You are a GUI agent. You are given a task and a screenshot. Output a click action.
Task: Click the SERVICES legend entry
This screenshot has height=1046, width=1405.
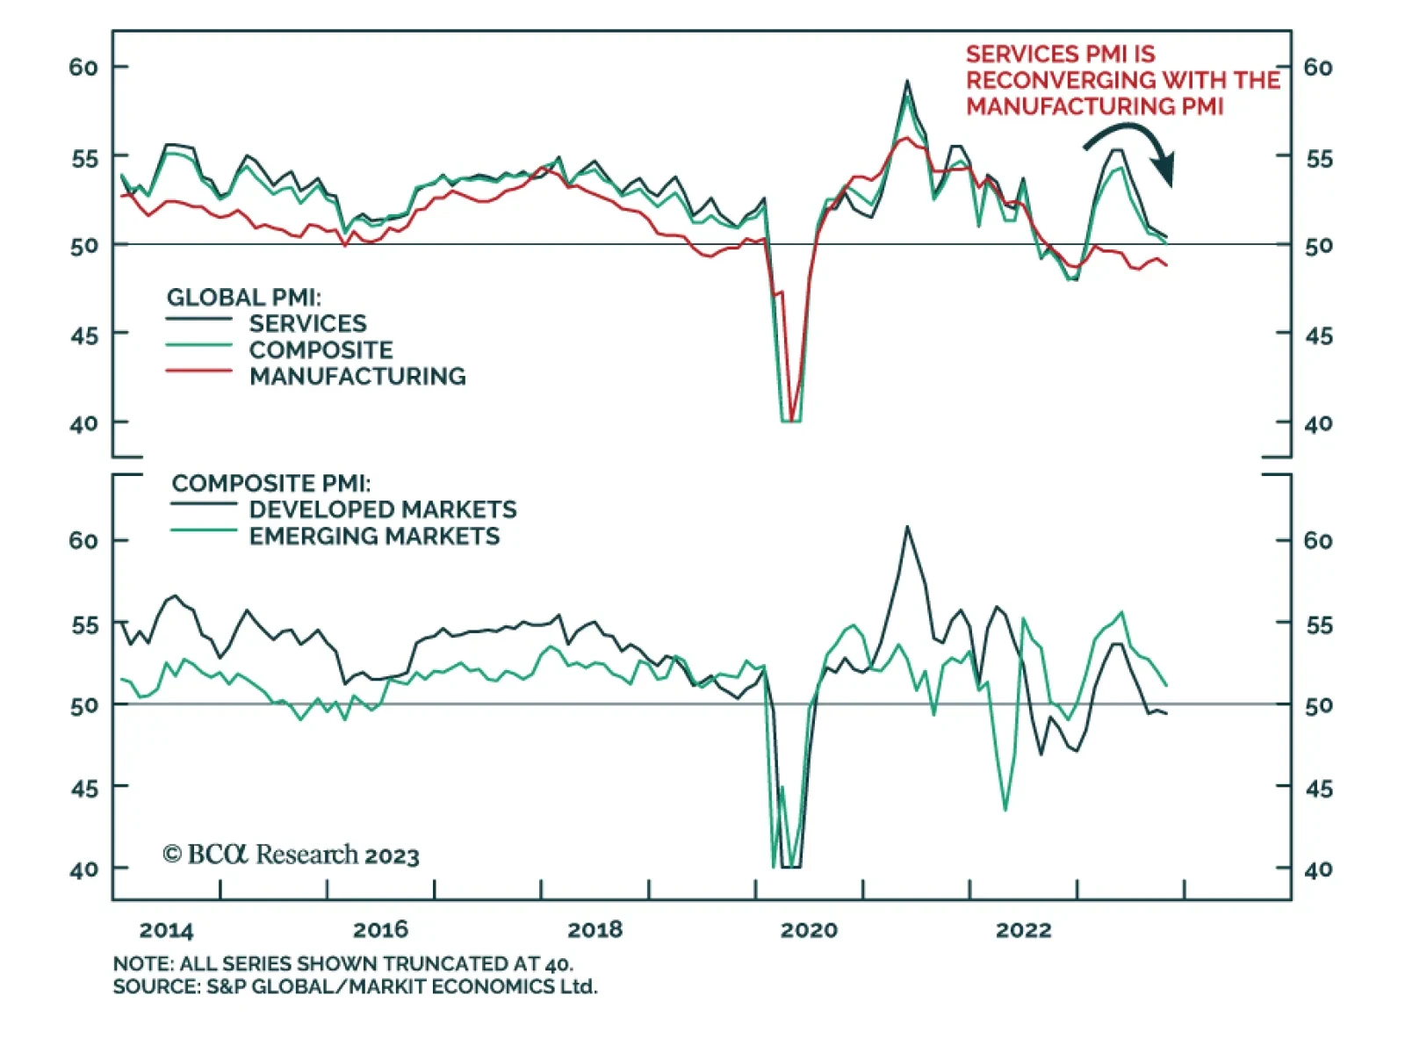click(307, 323)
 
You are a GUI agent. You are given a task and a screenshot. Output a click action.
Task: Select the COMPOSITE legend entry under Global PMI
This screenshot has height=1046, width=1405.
click(321, 350)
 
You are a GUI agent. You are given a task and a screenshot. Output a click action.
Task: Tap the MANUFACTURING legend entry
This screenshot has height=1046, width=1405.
click(357, 376)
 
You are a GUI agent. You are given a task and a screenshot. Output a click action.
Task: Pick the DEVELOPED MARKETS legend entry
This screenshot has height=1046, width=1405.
click(383, 509)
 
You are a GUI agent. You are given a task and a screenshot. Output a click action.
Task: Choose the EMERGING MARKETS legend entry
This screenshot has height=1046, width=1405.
click(374, 536)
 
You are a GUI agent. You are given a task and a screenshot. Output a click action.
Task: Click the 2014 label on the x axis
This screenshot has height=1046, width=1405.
click(166, 929)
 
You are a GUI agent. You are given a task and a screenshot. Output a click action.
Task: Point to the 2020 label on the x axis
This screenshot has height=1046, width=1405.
click(809, 929)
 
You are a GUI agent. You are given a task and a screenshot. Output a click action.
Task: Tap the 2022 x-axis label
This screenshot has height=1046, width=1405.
click(1023, 929)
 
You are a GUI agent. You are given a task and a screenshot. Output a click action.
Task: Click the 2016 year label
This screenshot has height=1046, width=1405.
click(380, 929)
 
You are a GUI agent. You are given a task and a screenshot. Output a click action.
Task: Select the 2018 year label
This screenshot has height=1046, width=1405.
click(594, 929)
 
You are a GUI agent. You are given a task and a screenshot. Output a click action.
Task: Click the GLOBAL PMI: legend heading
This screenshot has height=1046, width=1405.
click(243, 298)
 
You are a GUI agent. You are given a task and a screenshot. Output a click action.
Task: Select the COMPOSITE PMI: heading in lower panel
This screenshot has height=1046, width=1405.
click(270, 483)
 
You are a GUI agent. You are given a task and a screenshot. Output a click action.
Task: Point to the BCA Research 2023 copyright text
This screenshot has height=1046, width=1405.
click(291, 855)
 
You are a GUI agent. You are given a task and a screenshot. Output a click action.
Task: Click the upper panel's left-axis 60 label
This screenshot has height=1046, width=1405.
click(83, 68)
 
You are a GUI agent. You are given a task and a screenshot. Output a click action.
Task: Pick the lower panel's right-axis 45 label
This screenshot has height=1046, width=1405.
click(1318, 789)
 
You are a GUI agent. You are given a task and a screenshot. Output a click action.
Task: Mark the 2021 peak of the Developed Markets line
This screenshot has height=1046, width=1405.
click(907, 527)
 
